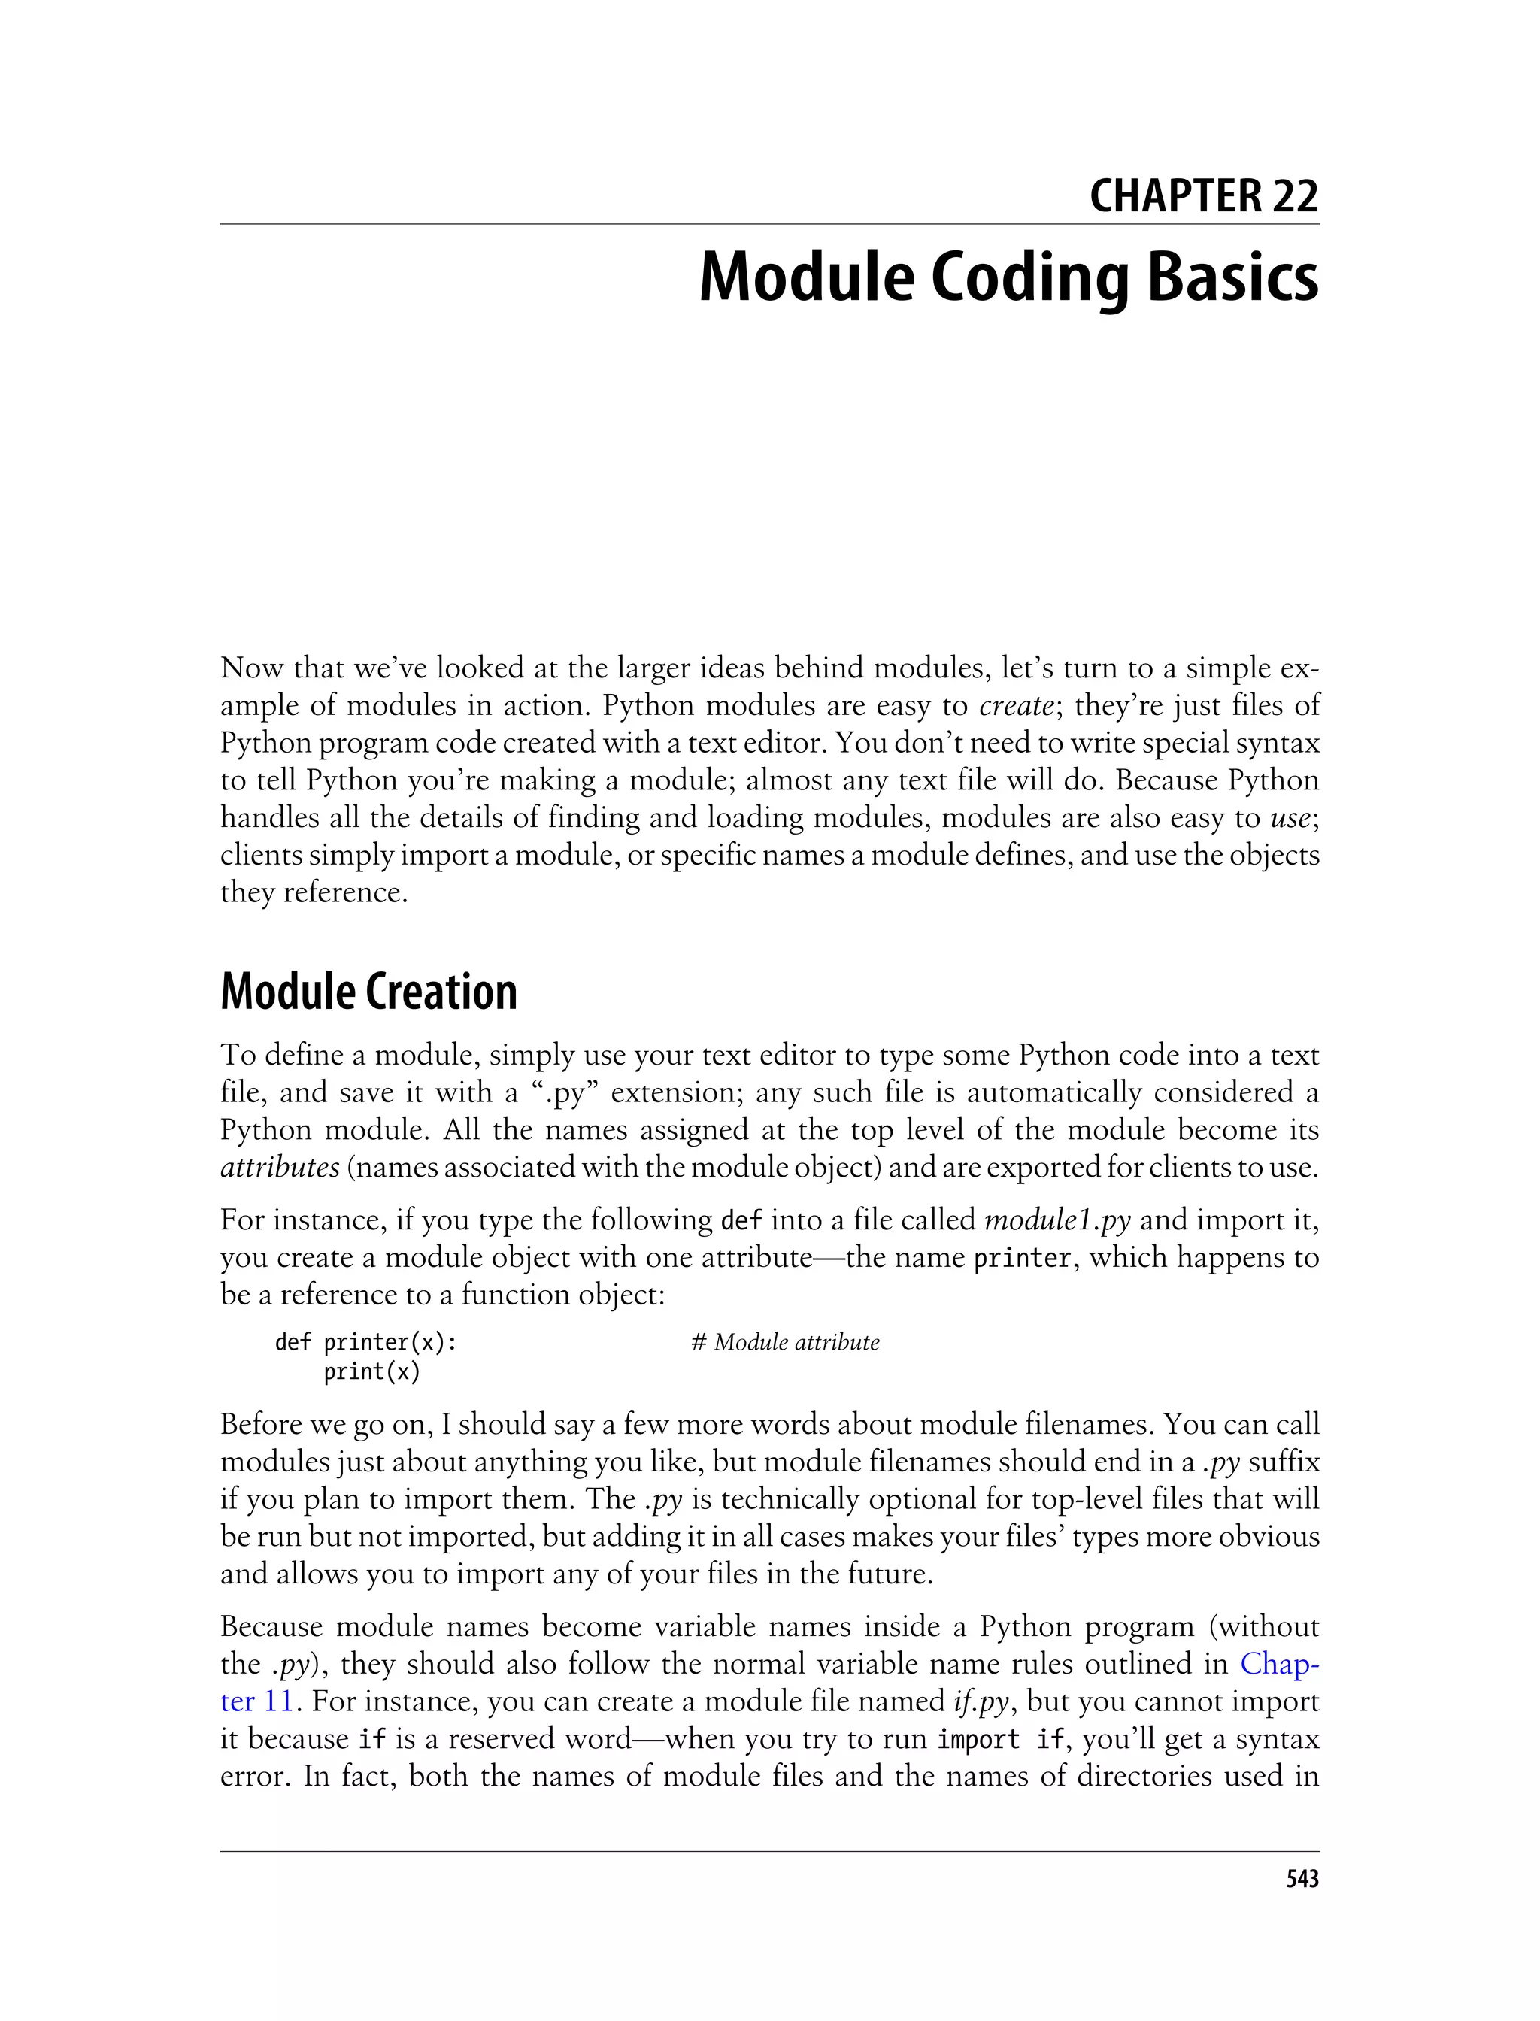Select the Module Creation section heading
[368, 992]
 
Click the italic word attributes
[280, 1168]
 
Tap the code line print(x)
[371, 1372]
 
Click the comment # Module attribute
[785, 1343]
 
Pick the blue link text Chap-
[1280, 1664]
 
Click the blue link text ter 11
[256, 1701]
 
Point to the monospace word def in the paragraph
[741, 1221]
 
